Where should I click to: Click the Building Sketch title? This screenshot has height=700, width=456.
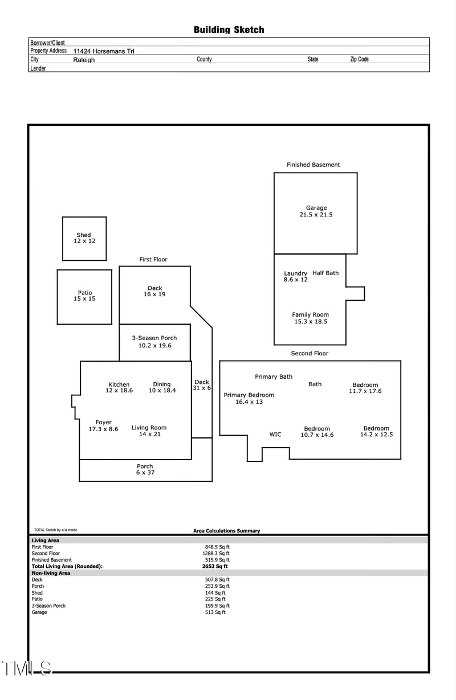(x=229, y=30)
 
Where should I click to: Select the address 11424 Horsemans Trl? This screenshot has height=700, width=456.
(x=104, y=51)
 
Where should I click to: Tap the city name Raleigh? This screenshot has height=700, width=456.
(x=84, y=60)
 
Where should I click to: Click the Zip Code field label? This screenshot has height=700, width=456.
(x=359, y=59)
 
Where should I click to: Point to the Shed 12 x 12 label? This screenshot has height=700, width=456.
(x=84, y=238)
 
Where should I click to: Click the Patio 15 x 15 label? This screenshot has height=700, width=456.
(x=84, y=296)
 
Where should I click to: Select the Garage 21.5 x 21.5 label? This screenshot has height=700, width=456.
(x=316, y=211)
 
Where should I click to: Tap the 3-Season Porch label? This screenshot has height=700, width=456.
(x=154, y=342)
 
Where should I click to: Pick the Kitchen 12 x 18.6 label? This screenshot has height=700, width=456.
(x=119, y=387)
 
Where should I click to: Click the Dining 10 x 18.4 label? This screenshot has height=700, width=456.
(x=162, y=387)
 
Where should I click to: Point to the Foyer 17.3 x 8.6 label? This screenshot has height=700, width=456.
(x=103, y=426)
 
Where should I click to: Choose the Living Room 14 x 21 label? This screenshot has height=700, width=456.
(x=149, y=431)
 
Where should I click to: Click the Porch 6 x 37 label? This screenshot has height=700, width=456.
(x=145, y=469)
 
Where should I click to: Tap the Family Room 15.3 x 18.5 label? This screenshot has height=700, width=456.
(x=310, y=318)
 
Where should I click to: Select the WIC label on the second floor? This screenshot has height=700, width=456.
(x=275, y=435)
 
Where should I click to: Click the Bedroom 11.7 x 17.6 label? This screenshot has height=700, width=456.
(x=365, y=388)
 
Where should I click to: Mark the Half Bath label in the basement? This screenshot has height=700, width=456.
(x=325, y=273)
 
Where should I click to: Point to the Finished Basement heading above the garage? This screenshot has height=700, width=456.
(x=313, y=165)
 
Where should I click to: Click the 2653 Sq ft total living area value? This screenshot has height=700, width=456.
(x=215, y=567)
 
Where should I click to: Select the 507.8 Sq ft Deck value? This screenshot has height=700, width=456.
(x=217, y=580)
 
